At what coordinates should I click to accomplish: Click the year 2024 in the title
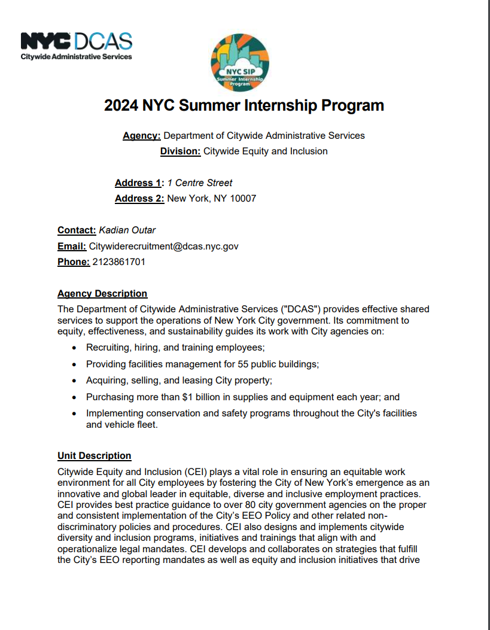[121, 106]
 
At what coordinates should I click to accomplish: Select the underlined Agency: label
[141, 136]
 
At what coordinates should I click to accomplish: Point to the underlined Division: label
[180, 151]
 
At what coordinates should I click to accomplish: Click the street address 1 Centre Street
[199, 183]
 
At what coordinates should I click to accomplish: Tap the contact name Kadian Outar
[127, 230]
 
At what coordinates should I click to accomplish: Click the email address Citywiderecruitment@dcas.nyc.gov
[164, 246]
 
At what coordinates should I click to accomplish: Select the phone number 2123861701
[118, 262]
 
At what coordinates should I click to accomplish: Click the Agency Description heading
[102, 294]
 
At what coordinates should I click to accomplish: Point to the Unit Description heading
[94, 456]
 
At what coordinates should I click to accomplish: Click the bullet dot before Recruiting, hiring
[74, 348]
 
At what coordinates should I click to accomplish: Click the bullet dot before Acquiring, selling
[74, 381]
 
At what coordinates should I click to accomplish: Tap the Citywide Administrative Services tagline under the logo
[76, 57]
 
